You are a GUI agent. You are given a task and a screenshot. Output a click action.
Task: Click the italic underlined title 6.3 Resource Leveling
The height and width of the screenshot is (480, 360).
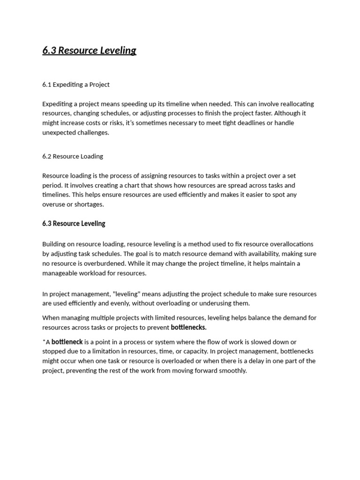89,51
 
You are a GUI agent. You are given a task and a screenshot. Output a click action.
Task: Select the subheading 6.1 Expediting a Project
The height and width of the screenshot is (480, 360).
76,85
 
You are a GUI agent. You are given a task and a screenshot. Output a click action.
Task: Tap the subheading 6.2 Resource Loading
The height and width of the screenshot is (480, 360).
73,157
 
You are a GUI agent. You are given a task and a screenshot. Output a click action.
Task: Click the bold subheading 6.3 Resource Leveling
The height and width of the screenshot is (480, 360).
74,224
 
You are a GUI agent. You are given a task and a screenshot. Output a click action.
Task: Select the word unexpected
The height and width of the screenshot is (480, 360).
59,133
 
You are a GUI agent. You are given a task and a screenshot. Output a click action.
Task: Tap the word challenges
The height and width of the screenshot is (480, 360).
93,133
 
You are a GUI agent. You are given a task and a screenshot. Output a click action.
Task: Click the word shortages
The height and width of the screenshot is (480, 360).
89,204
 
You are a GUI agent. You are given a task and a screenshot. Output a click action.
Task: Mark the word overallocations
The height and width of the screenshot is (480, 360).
286,244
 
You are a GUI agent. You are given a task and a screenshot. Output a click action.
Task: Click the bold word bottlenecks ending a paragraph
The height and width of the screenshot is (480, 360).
188,327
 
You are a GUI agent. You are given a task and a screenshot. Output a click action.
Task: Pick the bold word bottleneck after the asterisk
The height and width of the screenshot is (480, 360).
67,342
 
